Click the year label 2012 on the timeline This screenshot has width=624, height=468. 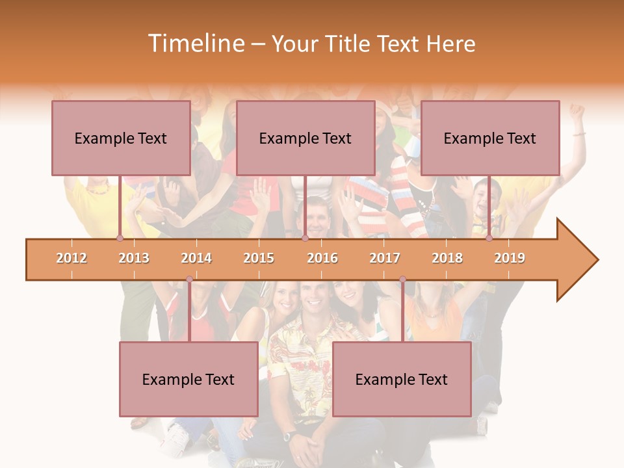71,258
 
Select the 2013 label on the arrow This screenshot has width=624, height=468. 134,258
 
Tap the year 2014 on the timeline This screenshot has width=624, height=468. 196,258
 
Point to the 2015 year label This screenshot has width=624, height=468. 259,258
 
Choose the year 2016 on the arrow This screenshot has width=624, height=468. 322,258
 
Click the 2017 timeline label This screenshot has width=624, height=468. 385,258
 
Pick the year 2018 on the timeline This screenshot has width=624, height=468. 447,258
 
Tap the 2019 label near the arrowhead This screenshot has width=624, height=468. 510,258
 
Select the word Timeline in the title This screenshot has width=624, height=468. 195,44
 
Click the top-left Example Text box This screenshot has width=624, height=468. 121,138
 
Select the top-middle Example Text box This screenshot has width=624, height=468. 305,138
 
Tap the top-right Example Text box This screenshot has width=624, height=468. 490,138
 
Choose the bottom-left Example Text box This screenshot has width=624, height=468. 188,379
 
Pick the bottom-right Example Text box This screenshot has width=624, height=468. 402,379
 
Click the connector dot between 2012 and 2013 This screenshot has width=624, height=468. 120,239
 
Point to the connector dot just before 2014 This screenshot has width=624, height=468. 189,279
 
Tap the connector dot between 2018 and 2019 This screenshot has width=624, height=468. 489,239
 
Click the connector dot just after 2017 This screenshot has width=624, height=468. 402,279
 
